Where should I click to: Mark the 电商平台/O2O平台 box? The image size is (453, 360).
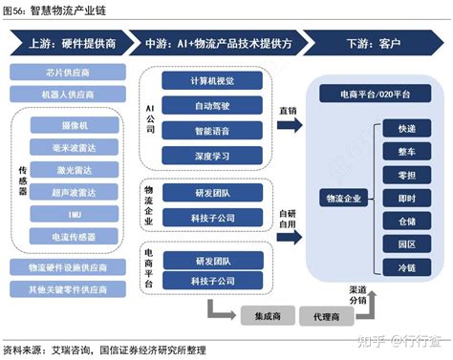[368, 95]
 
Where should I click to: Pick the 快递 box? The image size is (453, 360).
[405, 127]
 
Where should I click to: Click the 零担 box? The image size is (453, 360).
[405, 174]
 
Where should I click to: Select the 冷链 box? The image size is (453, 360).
[405, 269]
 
